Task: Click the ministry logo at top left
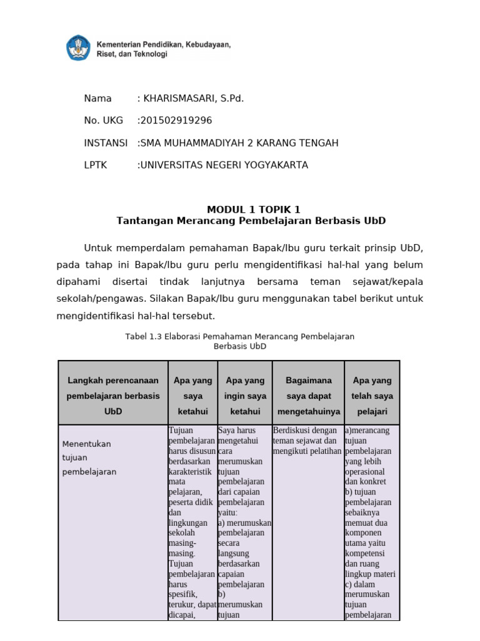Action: [x=78, y=48]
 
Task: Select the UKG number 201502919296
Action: [x=176, y=120]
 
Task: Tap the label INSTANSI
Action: [x=106, y=143]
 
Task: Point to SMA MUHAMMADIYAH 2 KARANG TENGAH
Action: [x=239, y=143]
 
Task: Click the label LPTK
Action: [x=96, y=165]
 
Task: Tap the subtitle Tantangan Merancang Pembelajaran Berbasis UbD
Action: [x=251, y=221]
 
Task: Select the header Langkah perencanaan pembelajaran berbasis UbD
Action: [x=113, y=396]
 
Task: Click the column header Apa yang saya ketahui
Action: [x=193, y=396]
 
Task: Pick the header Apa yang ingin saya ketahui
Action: [x=245, y=396]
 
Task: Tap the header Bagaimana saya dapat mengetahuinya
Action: [x=308, y=396]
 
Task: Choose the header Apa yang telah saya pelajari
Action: [x=372, y=396]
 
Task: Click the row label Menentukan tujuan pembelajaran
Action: [x=89, y=458]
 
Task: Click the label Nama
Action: [x=97, y=98]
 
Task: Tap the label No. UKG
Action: [x=103, y=120]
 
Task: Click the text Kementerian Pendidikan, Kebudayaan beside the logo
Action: [x=163, y=45]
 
